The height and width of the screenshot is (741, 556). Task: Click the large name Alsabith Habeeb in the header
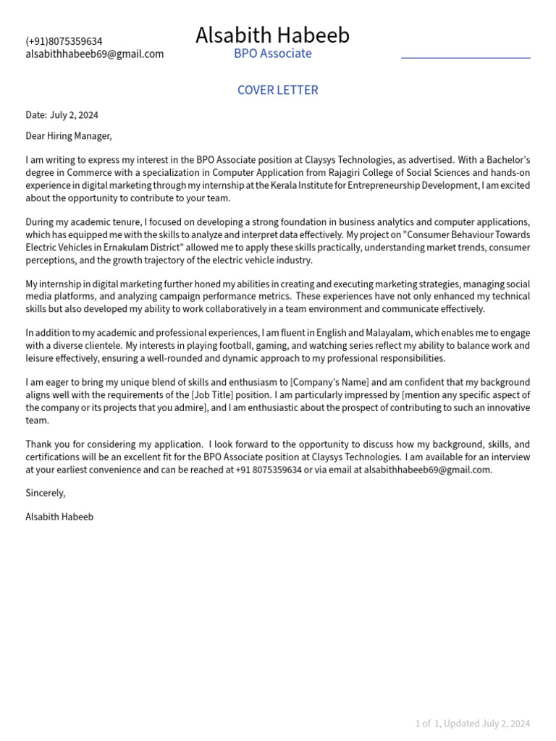[x=272, y=35]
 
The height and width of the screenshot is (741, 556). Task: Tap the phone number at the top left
[x=64, y=41]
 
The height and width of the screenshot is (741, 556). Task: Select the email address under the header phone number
[x=94, y=54]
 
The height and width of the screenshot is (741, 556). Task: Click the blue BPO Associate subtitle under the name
[x=272, y=54]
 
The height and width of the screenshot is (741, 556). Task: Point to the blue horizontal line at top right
[x=466, y=57]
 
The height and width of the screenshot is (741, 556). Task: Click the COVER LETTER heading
[x=277, y=90]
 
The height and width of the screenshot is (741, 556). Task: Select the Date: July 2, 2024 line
[x=62, y=115]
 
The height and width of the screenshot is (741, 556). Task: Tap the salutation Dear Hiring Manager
[x=69, y=136]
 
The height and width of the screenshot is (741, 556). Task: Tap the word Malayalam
[x=371, y=333]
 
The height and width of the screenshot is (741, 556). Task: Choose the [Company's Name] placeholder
[x=329, y=383]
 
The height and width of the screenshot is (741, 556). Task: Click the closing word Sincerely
[x=45, y=493]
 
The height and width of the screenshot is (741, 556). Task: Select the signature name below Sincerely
[x=59, y=517]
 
